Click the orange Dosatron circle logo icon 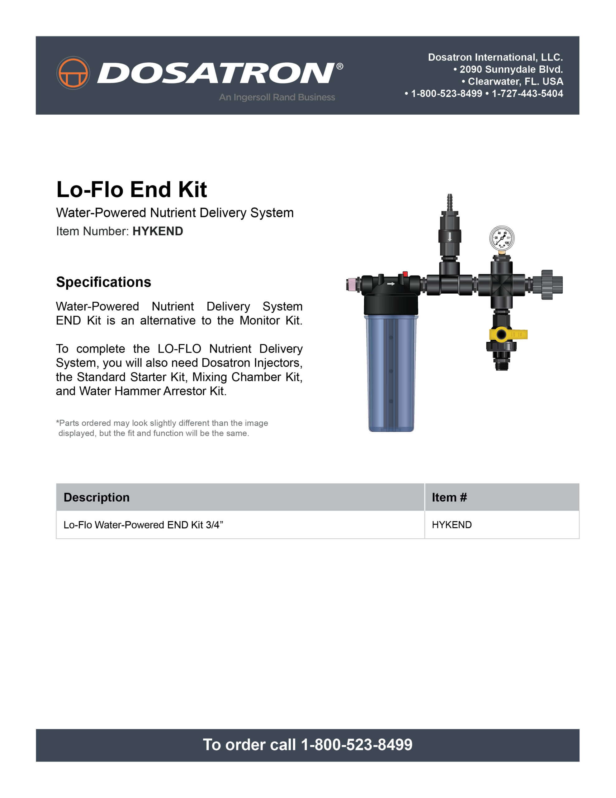[x=73, y=73]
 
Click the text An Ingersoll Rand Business [x=277, y=97]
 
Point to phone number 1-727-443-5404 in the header [x=527, y=94]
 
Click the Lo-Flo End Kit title [x=131, y=190]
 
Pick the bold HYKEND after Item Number [x=158, y=231]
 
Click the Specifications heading [x=103, y=282]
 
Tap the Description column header [x=97, y=497]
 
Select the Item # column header [x=449, y=497]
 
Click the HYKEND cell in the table [x=452, y=525]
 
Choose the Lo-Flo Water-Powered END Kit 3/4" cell [x=143, y=525]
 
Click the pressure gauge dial [x=502, y=238]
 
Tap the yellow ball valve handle [x=515, y=334]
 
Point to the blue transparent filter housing [x=391, y=373]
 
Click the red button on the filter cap [x=405, y=274]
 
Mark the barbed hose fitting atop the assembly [x=450, y=202]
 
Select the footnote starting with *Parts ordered [x=162, y=428]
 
